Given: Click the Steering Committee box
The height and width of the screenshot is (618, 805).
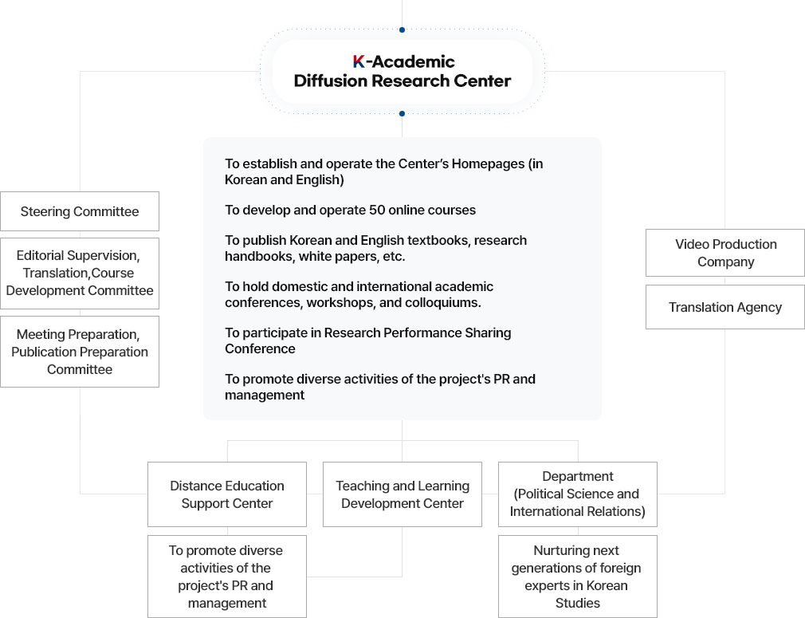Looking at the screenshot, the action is tap(80, 211).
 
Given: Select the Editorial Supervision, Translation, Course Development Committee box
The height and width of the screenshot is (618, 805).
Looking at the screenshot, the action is tap(80, 274).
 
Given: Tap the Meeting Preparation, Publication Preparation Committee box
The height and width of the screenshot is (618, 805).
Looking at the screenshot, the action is tap(80, 352).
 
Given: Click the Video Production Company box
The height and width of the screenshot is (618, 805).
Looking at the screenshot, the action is tap(725, 253).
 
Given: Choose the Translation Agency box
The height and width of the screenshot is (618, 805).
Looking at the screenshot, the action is tap(725, 307).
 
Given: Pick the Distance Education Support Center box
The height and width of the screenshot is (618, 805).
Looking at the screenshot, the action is tap(227, 494).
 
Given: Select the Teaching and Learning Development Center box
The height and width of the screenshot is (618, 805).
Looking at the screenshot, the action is tap(402, 494).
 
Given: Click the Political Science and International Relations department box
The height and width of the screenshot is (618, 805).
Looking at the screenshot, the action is tap(578, 494).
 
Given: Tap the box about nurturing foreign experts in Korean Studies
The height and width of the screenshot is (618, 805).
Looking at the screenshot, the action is tap(578, 577).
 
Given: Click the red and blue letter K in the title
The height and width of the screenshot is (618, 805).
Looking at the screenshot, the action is tap(359, 61).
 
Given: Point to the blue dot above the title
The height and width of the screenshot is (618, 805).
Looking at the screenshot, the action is tap(402, 30).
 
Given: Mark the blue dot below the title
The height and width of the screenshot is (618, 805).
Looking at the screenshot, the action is tap(402, 113).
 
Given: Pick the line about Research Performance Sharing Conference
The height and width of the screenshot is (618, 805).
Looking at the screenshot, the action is tap(368, 340).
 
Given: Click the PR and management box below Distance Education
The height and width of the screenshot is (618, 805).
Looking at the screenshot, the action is tap(227, 577).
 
